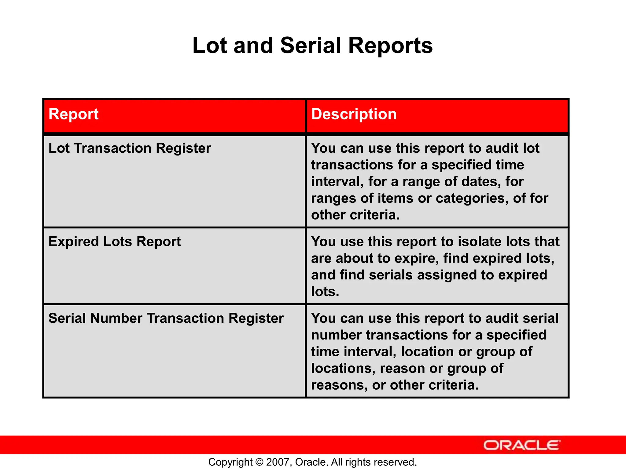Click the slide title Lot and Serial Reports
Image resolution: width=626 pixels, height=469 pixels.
click(312, 45)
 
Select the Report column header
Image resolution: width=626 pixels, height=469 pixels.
click(73, 114)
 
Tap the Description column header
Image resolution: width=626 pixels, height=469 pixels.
click(354, 114)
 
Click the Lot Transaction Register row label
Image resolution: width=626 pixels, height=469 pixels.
click(130, 148)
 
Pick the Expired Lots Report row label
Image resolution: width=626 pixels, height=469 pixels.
click(115, 242)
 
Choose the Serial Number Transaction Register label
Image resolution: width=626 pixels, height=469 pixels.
click(166, 318)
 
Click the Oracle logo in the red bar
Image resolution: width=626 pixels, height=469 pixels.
click(521, 445)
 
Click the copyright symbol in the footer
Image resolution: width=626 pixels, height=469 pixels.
click(259, 462)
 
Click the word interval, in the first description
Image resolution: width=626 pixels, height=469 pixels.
click(337, 182)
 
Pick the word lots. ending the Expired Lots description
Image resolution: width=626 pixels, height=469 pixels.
click(325, 292)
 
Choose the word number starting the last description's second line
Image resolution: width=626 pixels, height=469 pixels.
click(336, 335)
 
